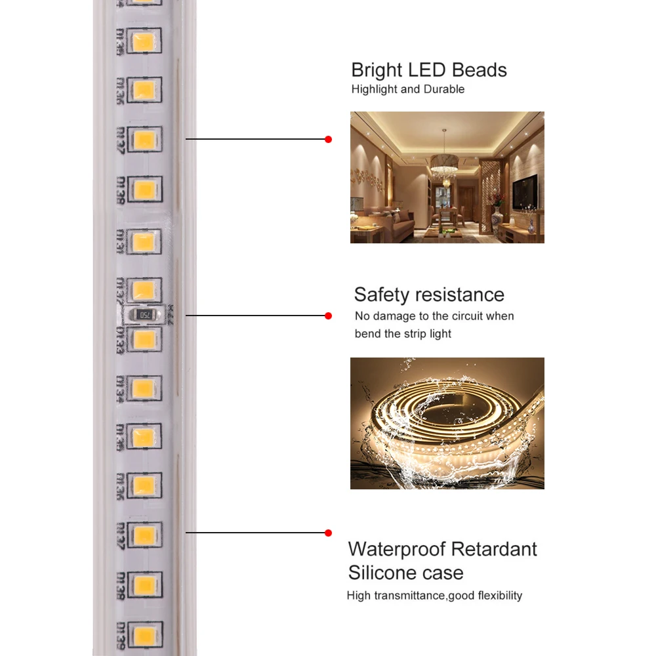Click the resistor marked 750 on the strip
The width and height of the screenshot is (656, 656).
click(x=144, y=314)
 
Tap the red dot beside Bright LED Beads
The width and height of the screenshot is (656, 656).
click(x=329, y=139)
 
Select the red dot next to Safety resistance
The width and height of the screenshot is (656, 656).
click(x=329, y=316)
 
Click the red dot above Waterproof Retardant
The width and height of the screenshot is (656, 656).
click(x=329, y=533)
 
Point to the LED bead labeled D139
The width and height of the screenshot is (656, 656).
click(x=144, y=634)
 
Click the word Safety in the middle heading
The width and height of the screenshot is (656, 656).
click(x=382, y=295)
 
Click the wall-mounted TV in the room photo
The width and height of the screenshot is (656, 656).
click(x=525, y=191)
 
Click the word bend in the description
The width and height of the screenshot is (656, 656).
click(x=367, y=334)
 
